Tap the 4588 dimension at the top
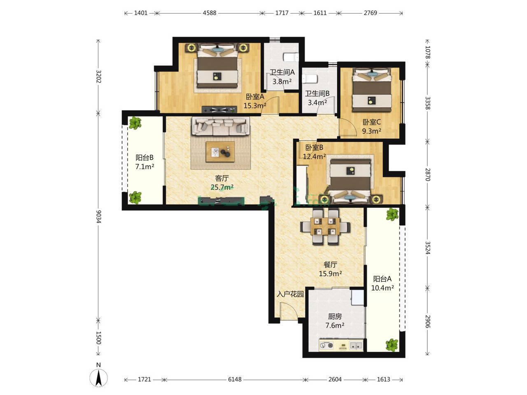[x=210, y=13]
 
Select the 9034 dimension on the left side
[x=98, y=216]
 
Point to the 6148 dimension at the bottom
[x=235, y=379]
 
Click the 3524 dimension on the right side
[x=428, y=248]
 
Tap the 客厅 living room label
[x=222, y=178]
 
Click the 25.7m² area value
[x=222, y=187]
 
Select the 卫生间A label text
[x=282, y=72]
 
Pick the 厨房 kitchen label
[x=335, y=316]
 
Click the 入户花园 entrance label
[x=290, y=294]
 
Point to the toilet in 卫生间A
[x=291, y=57]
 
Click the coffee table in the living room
[x=220, y=152]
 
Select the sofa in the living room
[x=220, y=126]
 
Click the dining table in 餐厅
[x=325, y=226]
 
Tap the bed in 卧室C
[x=372, y=90]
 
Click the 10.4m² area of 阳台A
[x=382, y=288]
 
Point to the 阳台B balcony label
[x=144, y=158]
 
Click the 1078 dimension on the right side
[x=428, y=52]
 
